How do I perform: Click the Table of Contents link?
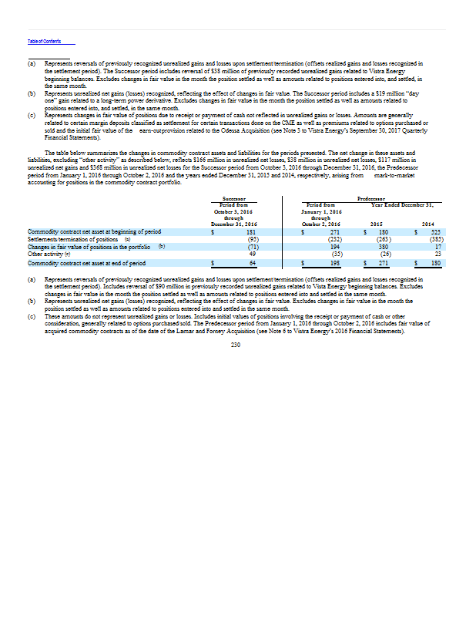43,41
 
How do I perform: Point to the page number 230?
236,345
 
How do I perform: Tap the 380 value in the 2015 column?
384,246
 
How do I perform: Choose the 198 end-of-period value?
336,263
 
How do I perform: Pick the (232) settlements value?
334,239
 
